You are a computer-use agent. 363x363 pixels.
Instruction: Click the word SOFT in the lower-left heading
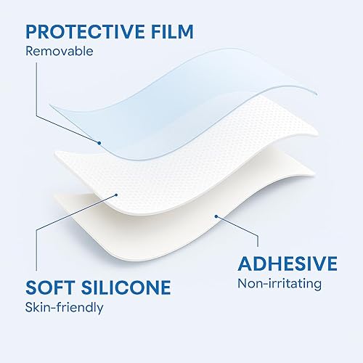(x=49, y=287)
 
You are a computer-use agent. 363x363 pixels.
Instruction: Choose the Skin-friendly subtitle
(x=64, y=308)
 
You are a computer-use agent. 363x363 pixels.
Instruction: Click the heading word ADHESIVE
(x=287, y=262)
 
